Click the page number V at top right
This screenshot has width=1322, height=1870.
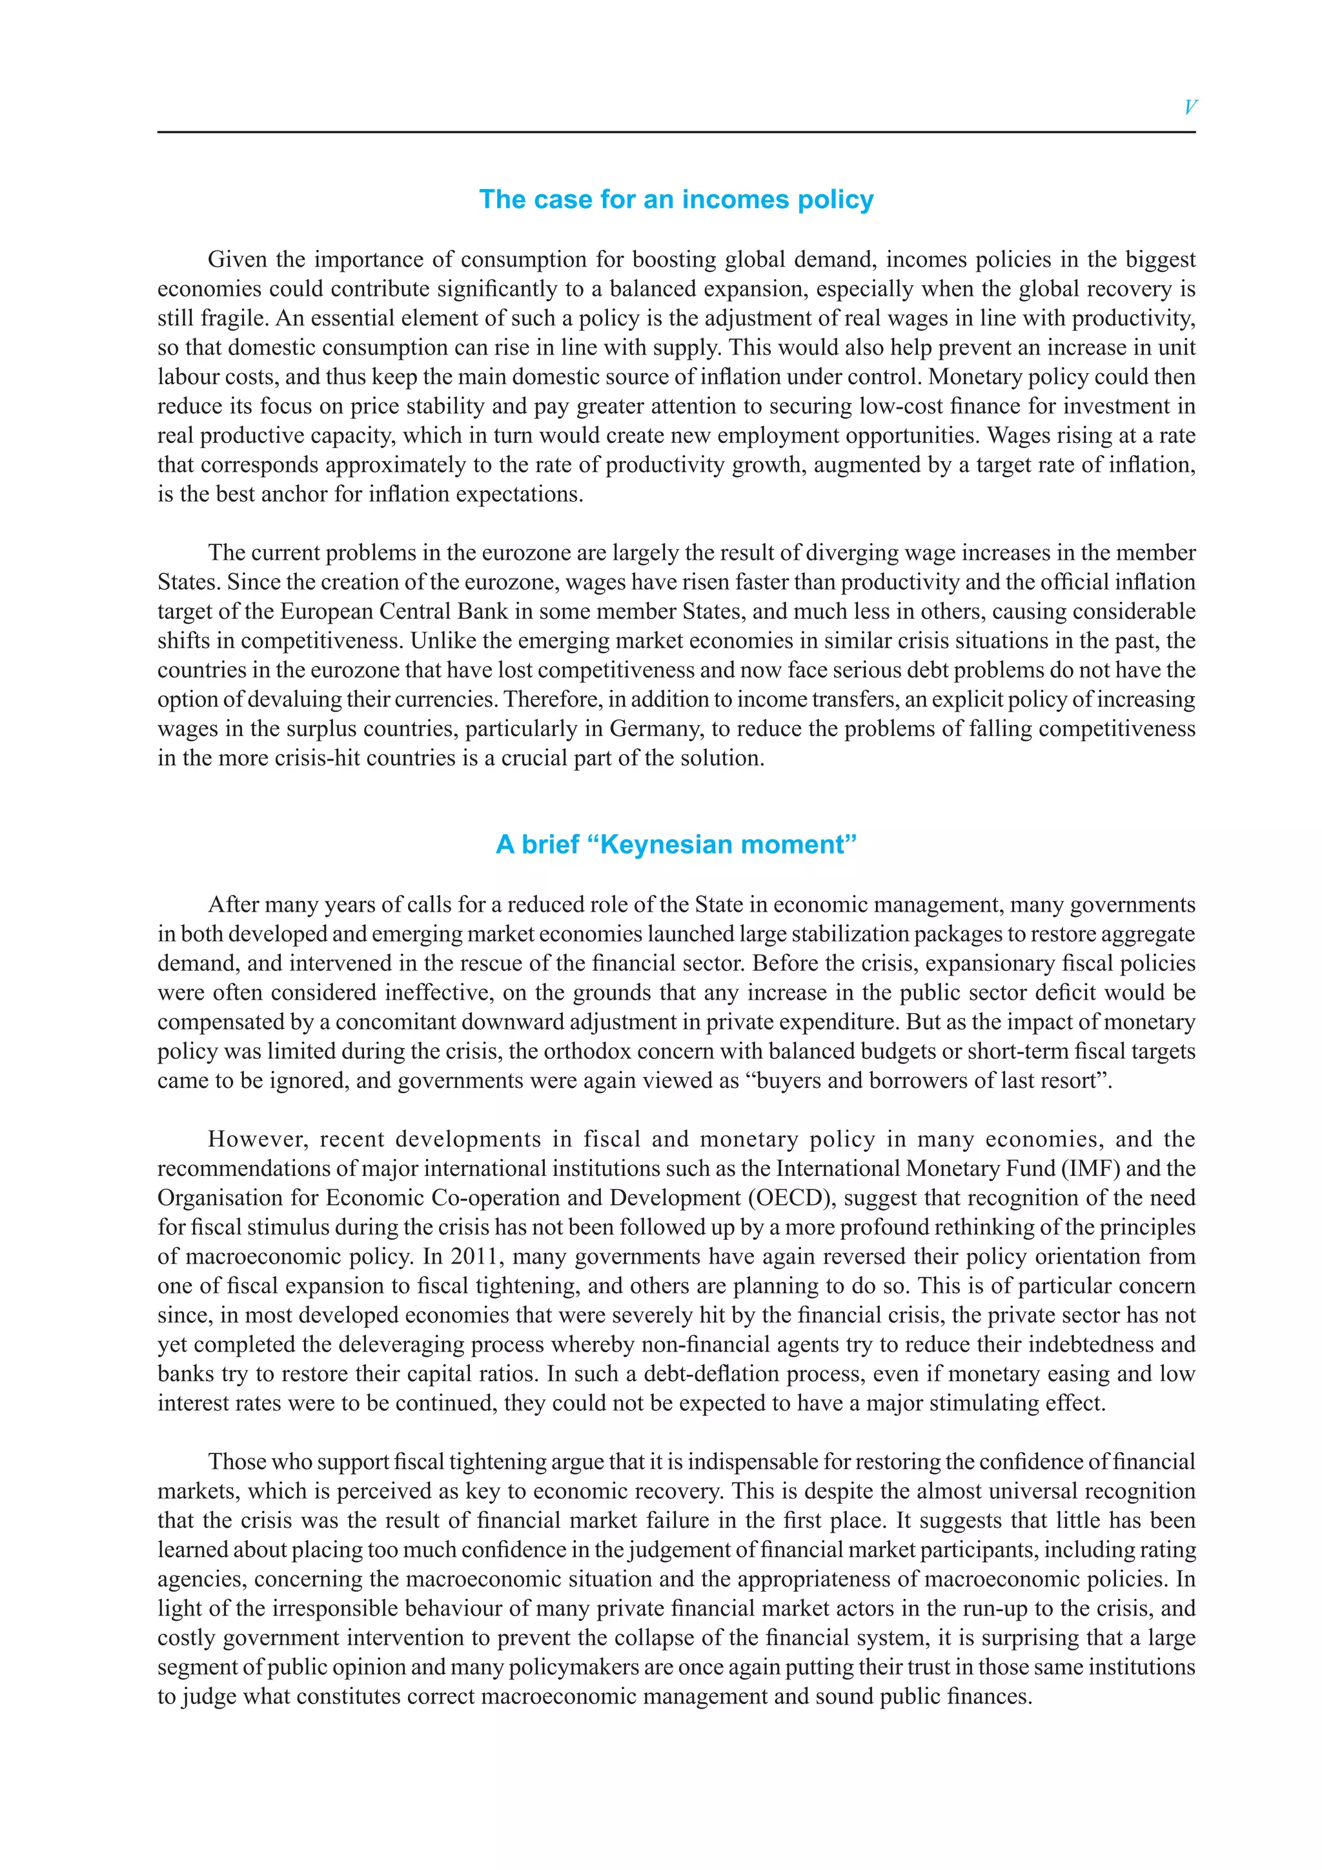point(1189,107)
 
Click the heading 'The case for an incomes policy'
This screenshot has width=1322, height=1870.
point(676,200)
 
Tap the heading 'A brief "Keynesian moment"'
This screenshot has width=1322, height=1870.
point(676,845)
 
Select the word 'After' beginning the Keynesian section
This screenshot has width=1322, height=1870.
point(233,904)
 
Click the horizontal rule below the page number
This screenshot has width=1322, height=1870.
point(676,132)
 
